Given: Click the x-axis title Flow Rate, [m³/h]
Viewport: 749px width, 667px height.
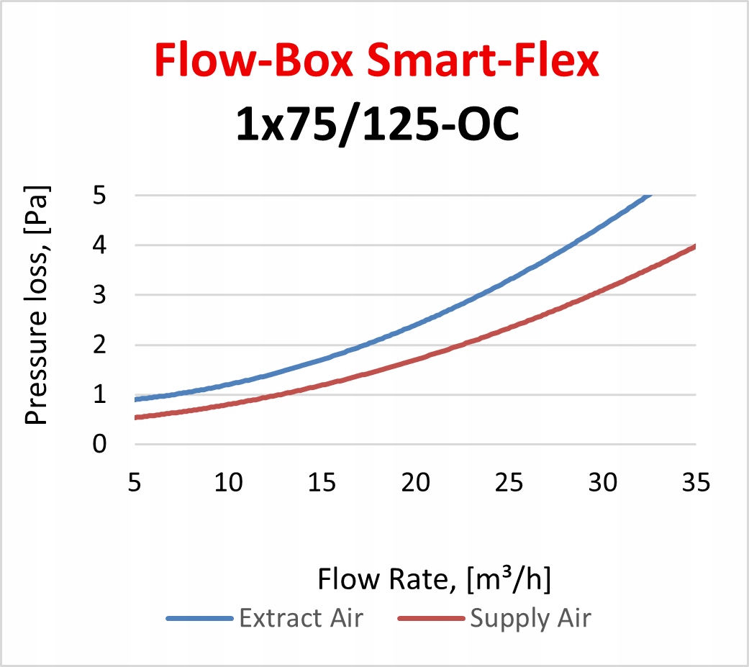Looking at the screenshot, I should [435, 580].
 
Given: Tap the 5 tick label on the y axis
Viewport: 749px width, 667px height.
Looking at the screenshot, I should [99, 195].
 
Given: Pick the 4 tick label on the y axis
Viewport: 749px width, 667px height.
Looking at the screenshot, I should [99, 245].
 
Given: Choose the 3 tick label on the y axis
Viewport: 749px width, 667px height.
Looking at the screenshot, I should [99, 295].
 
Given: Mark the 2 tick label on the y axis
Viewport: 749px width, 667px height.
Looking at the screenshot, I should [99, 345].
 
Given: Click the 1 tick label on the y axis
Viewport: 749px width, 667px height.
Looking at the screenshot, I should [99, 394].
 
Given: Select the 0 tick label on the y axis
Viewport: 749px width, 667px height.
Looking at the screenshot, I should [99, 444].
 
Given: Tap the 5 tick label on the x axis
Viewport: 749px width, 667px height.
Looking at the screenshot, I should [134, 482].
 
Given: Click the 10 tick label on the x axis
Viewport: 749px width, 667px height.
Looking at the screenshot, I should [227, 482].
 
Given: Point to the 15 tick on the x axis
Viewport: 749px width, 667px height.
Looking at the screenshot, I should [321, 482].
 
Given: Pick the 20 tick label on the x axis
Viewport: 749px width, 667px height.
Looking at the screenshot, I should [415, 482].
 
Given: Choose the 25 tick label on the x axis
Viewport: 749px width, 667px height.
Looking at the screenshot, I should [509, 482].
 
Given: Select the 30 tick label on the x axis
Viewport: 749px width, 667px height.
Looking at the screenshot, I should [602, 482].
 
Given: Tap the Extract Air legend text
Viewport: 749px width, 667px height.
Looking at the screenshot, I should [301, 619].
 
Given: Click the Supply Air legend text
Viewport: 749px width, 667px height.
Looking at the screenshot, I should [530, 619].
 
